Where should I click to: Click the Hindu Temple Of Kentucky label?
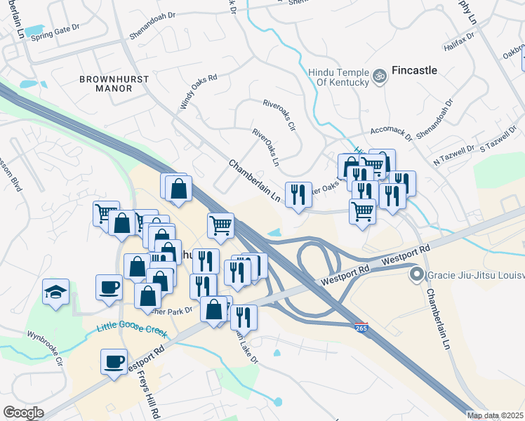(338, 76)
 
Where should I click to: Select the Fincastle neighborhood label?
(414, 70)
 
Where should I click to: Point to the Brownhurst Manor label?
(114, 84)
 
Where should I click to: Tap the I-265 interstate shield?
(361, 328)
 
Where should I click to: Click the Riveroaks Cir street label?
(280, 114)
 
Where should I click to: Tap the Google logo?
(23, 413)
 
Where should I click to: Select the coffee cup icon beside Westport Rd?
(114, 362)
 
